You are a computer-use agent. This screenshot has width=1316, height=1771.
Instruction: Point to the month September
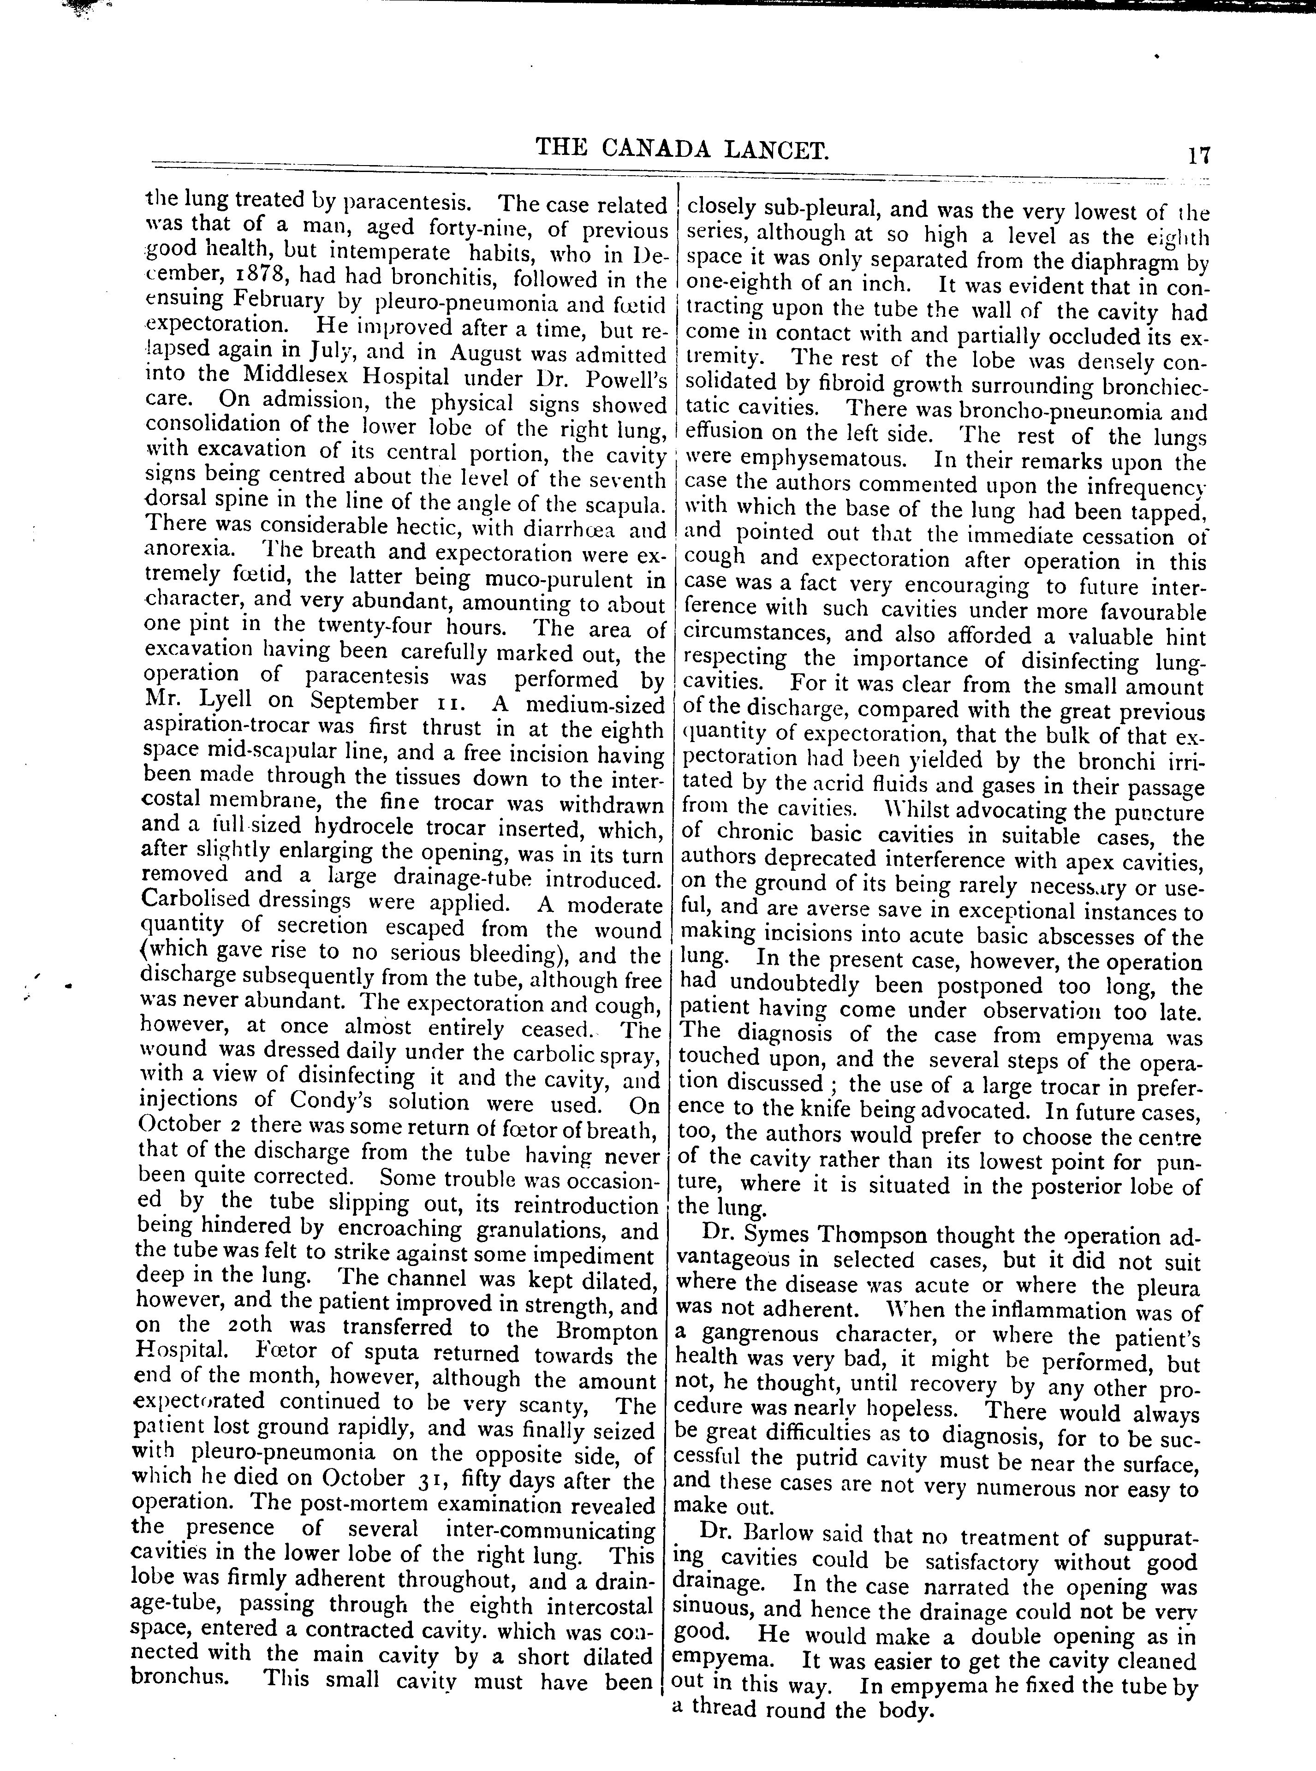[x=363, y=703]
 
